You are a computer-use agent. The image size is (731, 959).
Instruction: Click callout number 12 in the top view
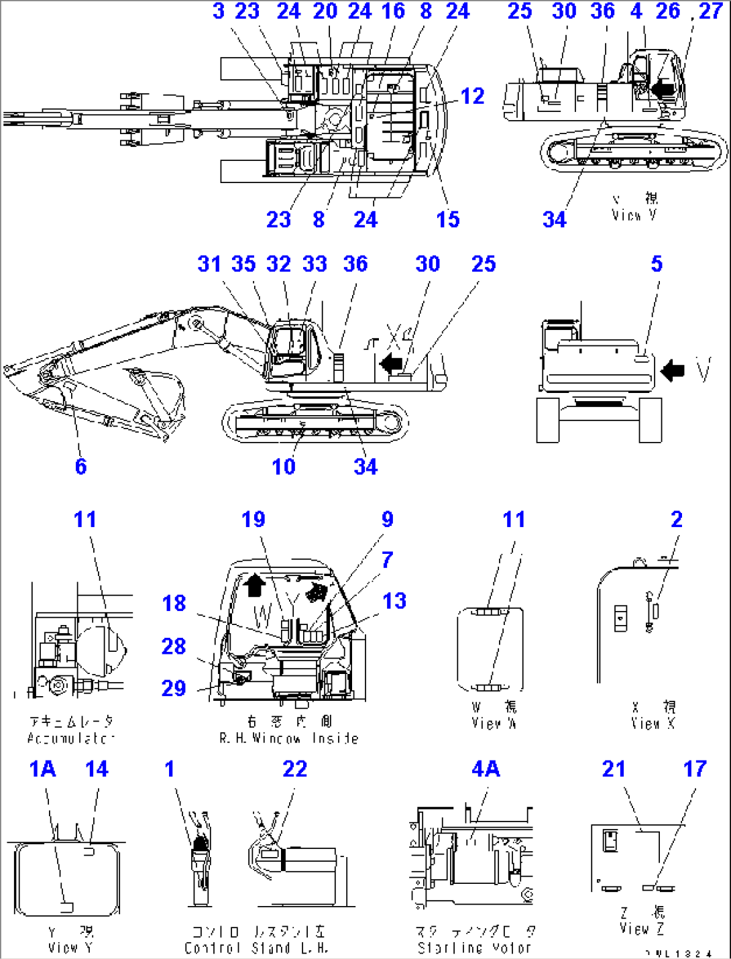(472, 96)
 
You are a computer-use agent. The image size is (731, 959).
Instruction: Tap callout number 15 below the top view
(447, 219)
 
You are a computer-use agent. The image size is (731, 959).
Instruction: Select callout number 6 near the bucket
(80, 466)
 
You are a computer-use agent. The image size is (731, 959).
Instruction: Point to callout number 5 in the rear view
(657, 264)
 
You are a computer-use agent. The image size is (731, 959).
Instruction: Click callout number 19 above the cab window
(254, 519)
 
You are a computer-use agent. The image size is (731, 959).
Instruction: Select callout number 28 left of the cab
(174, 646)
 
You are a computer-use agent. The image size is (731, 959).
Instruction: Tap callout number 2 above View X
(676, 519)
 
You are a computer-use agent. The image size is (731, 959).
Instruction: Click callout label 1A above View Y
(42, 769)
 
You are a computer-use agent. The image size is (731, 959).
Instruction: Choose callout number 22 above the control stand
(294, 769)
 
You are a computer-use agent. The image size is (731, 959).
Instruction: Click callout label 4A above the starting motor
(485, 769)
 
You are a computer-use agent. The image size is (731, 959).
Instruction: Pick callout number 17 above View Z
(695, 769)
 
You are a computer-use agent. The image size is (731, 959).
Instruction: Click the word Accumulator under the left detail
(71, 738)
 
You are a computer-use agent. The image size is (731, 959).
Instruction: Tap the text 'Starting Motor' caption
(473, 948)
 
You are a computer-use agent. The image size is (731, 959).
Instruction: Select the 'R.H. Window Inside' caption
(288, 738)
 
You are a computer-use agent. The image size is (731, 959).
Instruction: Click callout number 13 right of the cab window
(394, 601)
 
